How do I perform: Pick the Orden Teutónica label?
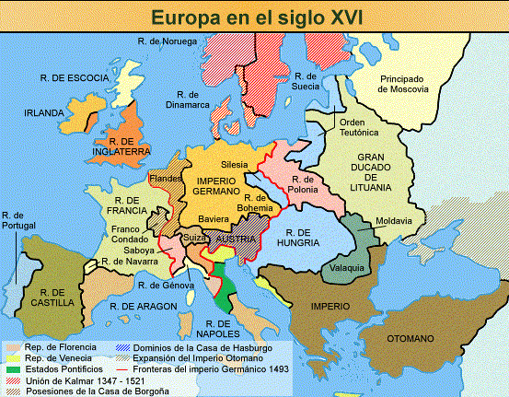[360, 128]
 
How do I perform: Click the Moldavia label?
[394, 222]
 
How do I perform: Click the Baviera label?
[216, 219]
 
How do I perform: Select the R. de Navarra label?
[131, 262]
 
